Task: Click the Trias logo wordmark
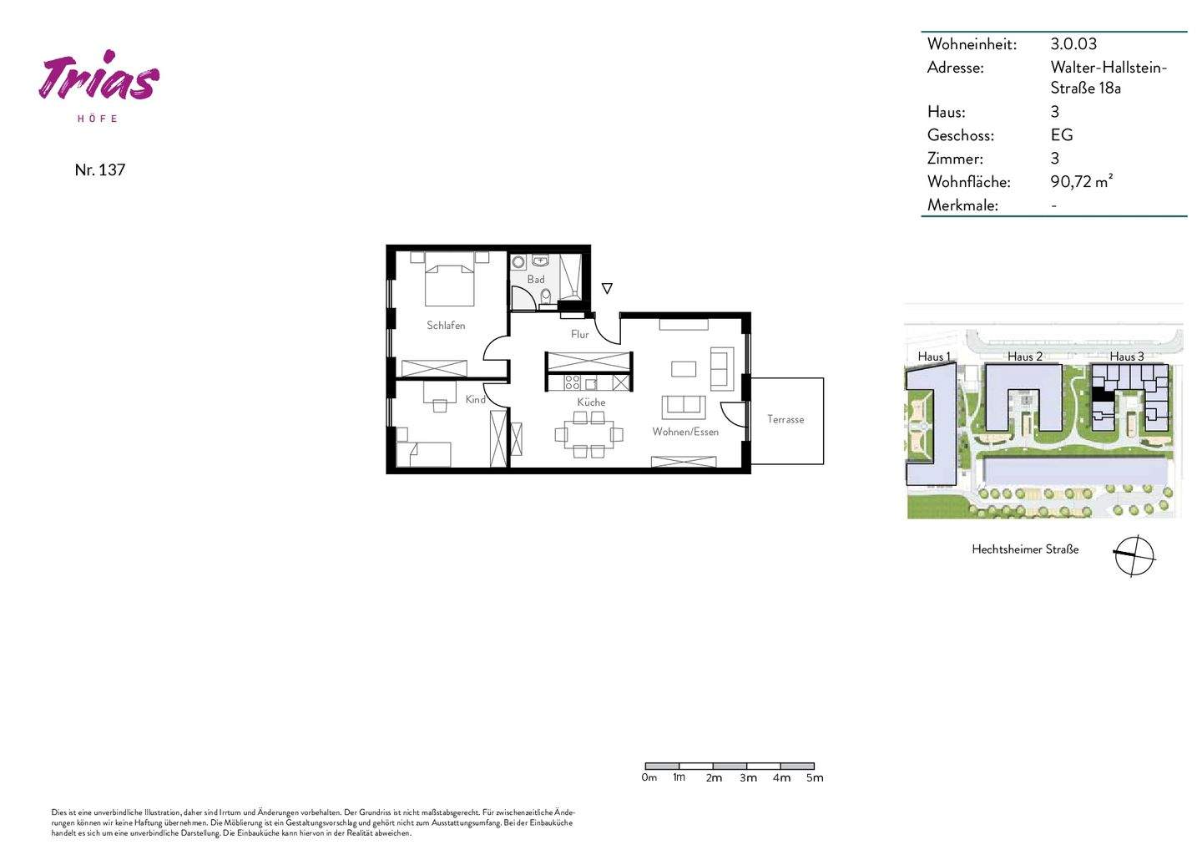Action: coord(98,79)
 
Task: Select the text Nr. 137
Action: coord(99,169)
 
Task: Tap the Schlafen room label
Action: coord(446,325)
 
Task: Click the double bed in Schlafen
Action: coord(450,282)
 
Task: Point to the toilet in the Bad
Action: coord(546,296)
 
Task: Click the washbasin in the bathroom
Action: coord(539,261)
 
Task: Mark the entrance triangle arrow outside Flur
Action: coord(607,289)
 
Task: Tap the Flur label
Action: coord(579,334)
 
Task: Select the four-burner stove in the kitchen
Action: coord(573,382)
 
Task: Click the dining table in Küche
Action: coord(588,433)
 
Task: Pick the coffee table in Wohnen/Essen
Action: coord(684,368)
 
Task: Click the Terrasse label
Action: coord(785,419)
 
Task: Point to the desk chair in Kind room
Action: coord(440,406)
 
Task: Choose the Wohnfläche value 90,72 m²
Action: coord(1081,181)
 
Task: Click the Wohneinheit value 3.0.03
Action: coord(1073,43)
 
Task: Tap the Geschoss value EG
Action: coord(1061,134)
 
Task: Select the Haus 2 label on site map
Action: coord(1024,357)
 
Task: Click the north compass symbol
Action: coord(1134,555)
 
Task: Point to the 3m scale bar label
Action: coord(748,777)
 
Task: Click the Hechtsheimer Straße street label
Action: coord(1025,549)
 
